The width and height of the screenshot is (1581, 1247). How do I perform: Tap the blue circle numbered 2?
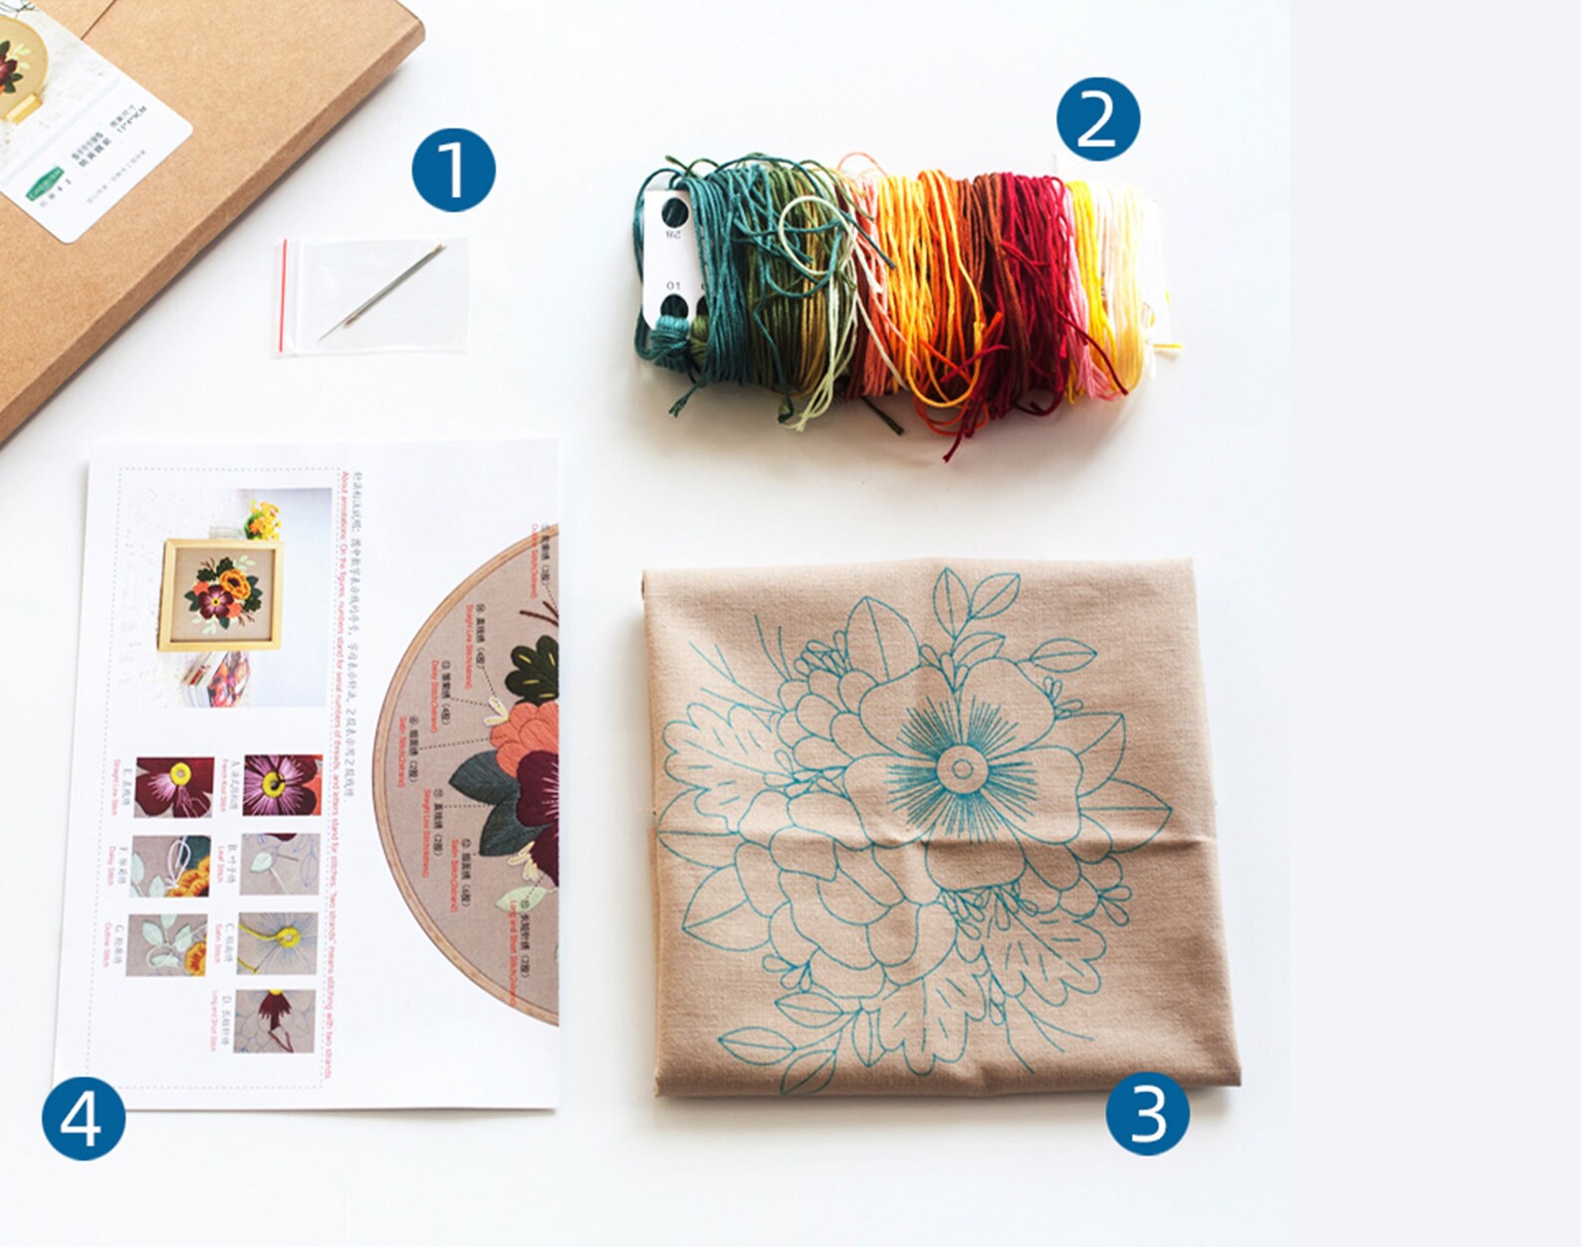tap(1097, 119)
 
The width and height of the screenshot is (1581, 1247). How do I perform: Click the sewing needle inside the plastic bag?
tap(384, 291)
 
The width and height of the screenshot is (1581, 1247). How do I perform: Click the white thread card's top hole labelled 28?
tap(674, 212)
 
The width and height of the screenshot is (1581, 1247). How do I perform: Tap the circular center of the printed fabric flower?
tap(961, 767)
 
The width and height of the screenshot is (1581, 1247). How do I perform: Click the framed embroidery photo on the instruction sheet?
tap(221, 594)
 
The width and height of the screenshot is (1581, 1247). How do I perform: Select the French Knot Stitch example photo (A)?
tap(283, 785)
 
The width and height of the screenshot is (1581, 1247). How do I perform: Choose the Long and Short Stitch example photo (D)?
tap(275, 1021)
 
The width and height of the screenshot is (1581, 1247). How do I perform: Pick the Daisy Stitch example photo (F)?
tap(170, 866)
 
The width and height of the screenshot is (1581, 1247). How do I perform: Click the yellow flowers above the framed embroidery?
tap(262, 520)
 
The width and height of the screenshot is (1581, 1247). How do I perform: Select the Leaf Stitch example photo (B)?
tap(281, 864)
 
